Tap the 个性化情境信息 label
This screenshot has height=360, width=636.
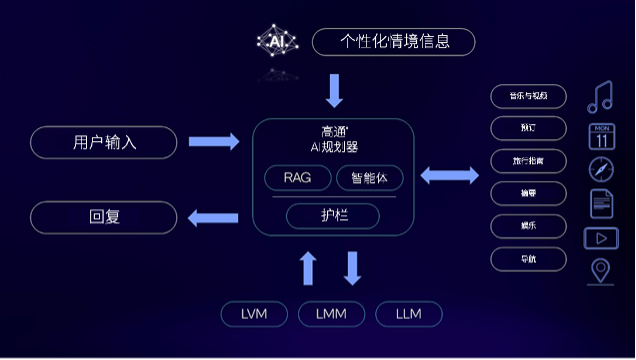[x=393, y=42]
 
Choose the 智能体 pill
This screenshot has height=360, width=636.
[x=369, y=178]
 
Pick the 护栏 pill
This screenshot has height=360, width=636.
[x=333, y=216]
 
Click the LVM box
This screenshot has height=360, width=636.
[x=254, y=314]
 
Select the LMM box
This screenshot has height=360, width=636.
[x=331, y=314]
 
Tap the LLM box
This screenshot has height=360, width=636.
[x=408, y=314]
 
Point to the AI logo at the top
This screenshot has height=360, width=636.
[x=277, y=42]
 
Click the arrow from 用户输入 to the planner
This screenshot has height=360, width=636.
[x=214, y=142]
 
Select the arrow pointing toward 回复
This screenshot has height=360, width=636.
[x=214, y=216]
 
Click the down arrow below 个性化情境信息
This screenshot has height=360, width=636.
[x=334, y=91]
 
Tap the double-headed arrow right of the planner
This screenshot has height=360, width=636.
[x=449, y=176]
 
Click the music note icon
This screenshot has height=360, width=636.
[x=600, y=96]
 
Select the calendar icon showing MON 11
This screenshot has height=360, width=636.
[x=601, y=135]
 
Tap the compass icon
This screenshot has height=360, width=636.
[x=600, y=168]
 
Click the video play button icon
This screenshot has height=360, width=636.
[x=601, y=238]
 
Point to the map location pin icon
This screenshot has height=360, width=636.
[x=601, y=270]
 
